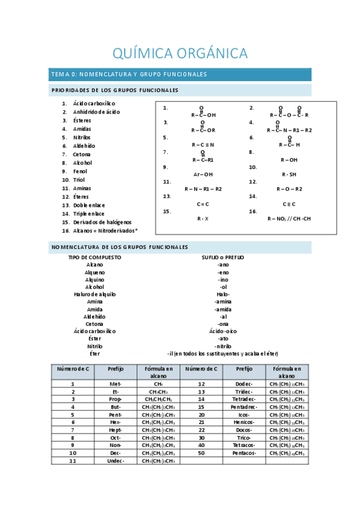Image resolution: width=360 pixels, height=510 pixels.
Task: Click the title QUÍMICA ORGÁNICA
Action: (x=180, y=53)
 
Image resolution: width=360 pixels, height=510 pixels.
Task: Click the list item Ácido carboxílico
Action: (x=94, y=103)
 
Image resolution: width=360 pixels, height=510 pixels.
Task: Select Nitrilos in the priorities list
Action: (x=82, y=137)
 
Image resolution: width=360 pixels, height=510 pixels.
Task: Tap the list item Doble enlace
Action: (x=89, y=205)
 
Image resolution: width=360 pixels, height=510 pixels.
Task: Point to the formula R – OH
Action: (x=289, y=160)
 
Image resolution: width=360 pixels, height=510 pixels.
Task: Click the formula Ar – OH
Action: (x=203, y=174)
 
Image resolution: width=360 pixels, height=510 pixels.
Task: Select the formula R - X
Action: (x=203, y=218)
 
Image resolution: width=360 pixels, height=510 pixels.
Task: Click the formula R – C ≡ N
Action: (x=203, y=145)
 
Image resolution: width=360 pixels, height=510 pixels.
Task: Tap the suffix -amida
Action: (x=223, y=309)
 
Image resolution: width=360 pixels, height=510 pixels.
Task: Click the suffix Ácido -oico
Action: (x=223, y=331)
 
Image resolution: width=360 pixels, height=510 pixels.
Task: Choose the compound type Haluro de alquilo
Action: (x=94, y=295)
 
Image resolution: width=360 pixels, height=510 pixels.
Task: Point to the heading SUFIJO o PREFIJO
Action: (x=223, y=257)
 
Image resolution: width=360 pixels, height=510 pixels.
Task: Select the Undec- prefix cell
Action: (x=116, y=461)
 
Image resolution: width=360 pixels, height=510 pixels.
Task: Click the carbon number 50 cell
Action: (x=201, y=453)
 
